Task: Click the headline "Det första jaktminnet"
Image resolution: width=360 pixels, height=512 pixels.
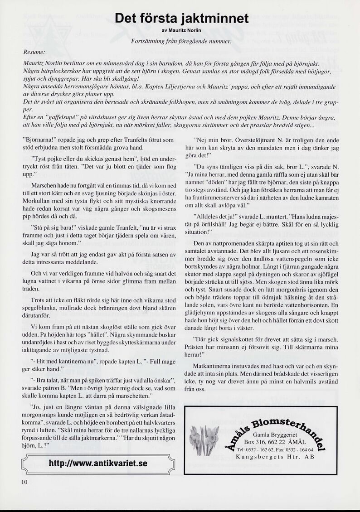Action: (181, 18)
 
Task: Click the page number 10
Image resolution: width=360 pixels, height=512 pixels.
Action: (24, 482)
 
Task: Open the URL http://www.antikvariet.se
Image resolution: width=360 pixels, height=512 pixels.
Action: (98, 464)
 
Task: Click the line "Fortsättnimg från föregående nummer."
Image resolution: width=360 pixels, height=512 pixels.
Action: (181, 42)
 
